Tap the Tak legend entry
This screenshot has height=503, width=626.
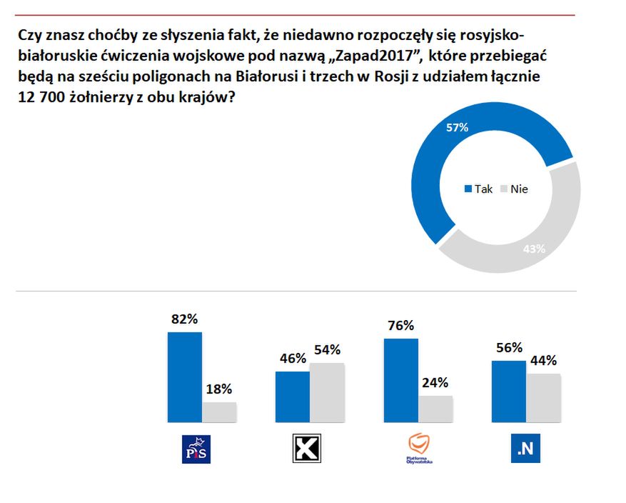tap(479, 190)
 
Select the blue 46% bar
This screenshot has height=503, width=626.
tap(292, 397)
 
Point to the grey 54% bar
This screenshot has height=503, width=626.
tap(326, 392)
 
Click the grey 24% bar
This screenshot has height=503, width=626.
tap(435, 409)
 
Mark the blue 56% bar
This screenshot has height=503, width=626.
tap(508, 391)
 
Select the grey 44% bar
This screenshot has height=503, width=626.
tap(543, 397)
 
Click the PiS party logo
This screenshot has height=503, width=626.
tap(197, 449)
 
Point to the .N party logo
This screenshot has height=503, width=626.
tap(525, 449)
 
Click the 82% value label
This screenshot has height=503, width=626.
tap(184, 319)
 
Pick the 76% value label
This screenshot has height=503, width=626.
tap(400, 326)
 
